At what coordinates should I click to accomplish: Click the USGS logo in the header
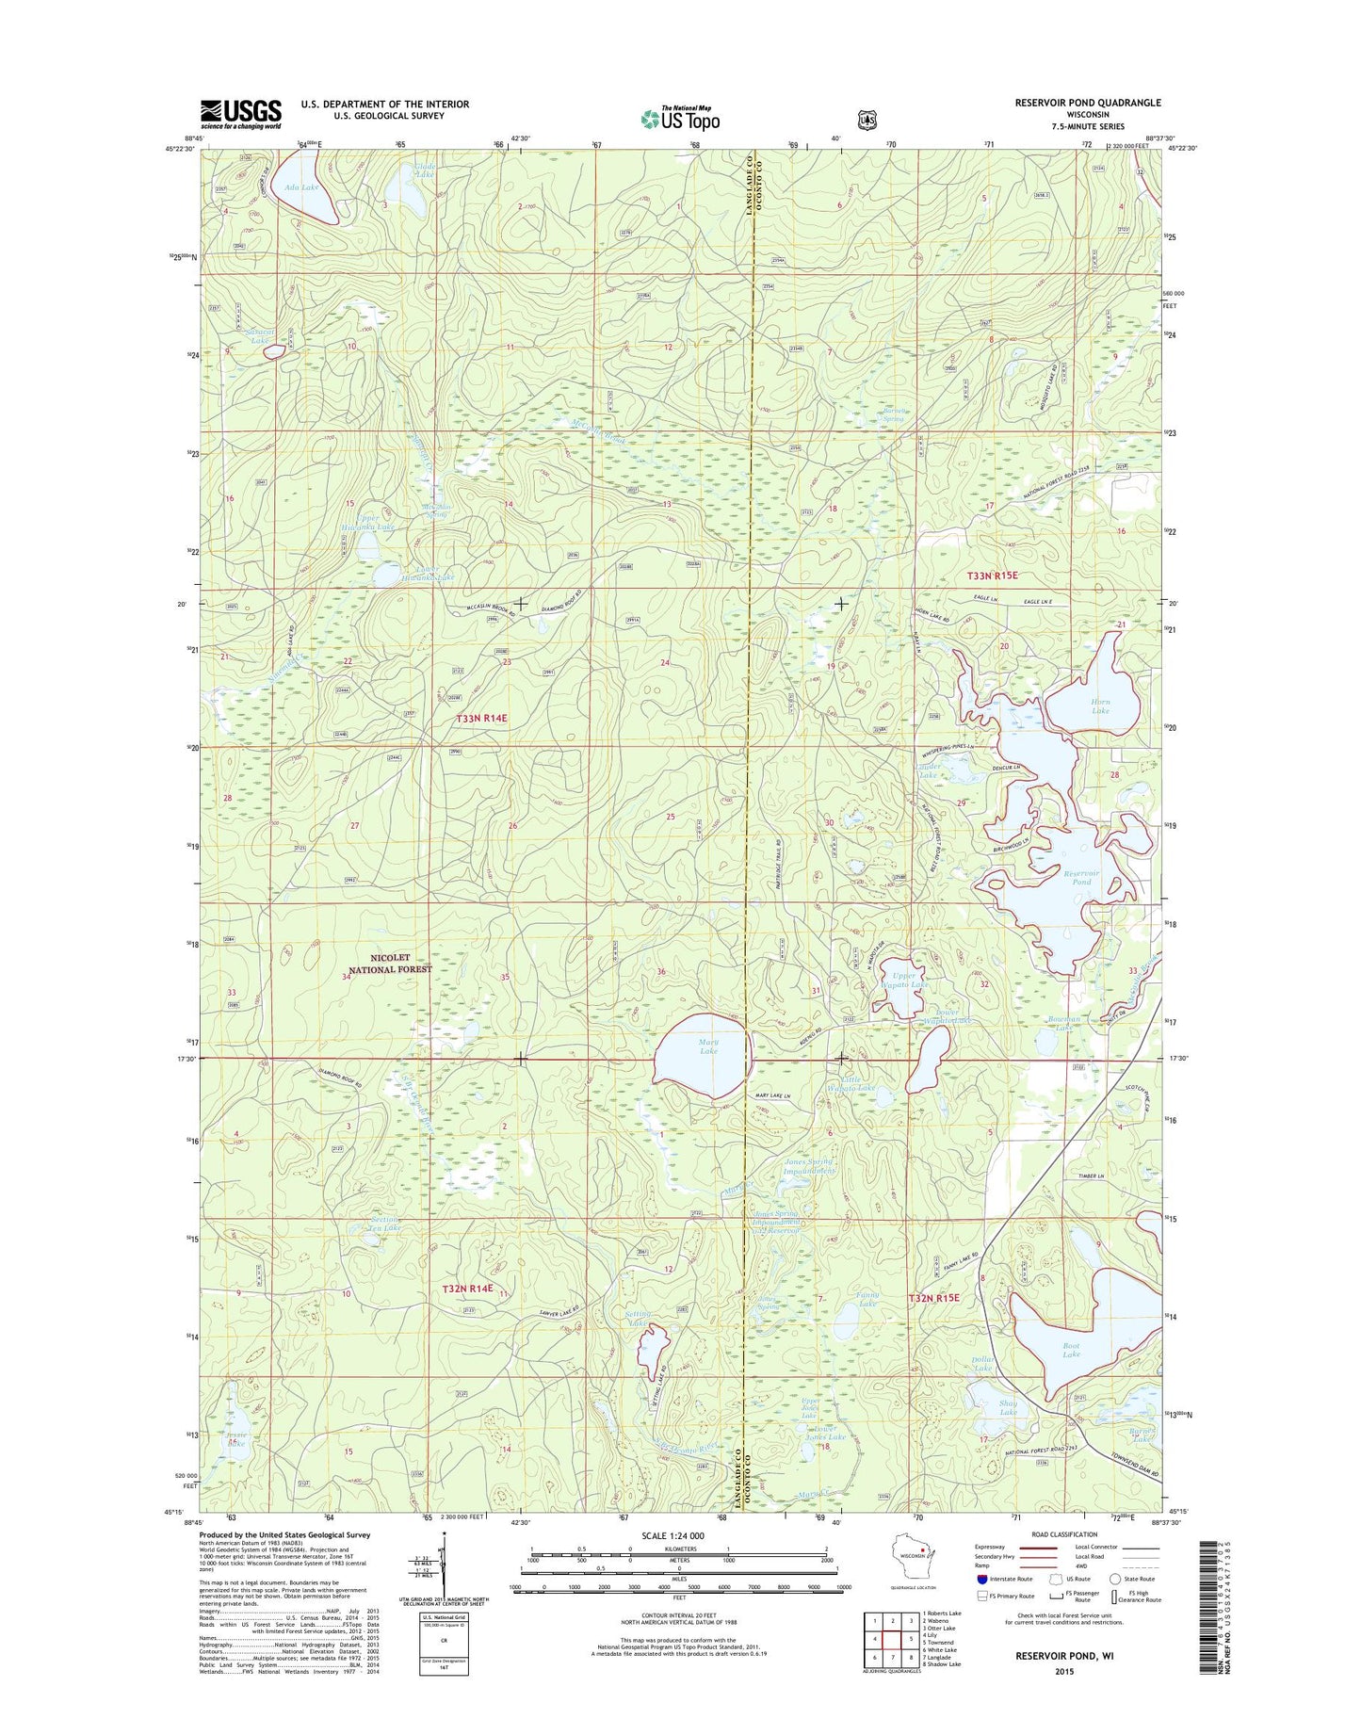coord(240,114)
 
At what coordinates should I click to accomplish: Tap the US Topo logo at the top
coord(680,118)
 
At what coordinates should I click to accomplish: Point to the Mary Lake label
coord(708,1046)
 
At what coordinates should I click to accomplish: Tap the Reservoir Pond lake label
coord(1081,878)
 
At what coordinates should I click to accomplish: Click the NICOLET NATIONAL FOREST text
coord(390,963)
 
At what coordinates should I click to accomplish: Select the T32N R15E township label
coord(933,1298)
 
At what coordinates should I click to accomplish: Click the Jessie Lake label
coord(235,1439)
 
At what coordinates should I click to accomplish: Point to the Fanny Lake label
coord(867,1300)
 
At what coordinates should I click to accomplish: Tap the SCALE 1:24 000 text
coord(672,1535)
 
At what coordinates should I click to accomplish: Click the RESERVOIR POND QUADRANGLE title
coord(1087,103)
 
